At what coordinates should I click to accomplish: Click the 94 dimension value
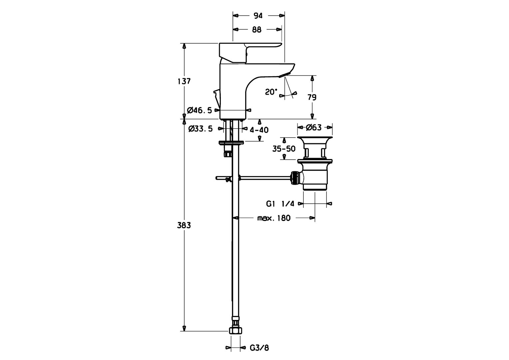point(258,16)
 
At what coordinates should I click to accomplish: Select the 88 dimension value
point(256,30)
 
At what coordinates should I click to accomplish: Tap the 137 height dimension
point(184,81)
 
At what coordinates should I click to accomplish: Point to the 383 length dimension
point(184,225)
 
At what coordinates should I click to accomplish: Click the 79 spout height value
point(312,97)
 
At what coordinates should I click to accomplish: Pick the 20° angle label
point(271,92)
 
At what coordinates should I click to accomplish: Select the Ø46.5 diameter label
point(200,110)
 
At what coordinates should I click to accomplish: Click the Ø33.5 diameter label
point(200,129)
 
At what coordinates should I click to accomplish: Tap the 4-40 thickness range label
point(259,130)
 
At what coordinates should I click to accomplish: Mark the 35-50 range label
point(284,149)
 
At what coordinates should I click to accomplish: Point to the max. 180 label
point(274,218)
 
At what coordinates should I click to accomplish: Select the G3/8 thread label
point(259,348)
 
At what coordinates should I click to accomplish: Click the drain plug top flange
point(314,139)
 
